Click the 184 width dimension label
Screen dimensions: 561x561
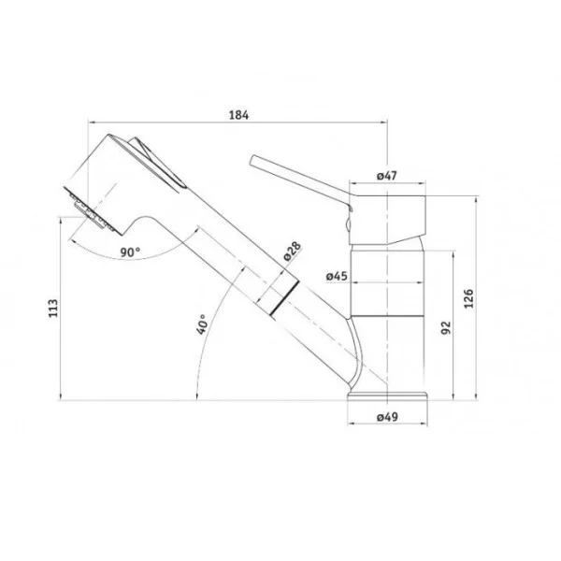pos(238,115)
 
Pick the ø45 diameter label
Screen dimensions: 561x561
pos(338,276)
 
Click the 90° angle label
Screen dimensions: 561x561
pos(129,252)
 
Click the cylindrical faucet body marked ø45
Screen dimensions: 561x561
pos(387,299)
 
